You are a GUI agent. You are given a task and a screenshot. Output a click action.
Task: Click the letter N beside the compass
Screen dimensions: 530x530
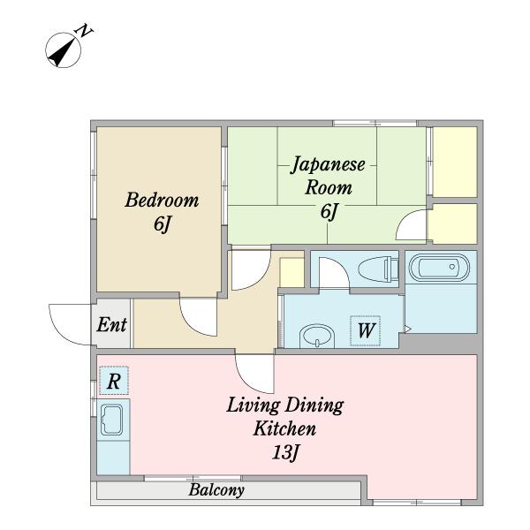pos(85,30)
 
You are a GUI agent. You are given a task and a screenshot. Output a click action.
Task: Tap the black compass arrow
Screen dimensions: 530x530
pos(63,52)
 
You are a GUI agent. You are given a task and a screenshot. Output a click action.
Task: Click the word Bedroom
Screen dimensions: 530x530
pos(162,200)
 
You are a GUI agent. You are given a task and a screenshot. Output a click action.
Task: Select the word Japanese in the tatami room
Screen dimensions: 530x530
pos(328,165)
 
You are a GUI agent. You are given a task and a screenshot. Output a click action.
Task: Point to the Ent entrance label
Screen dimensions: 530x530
pos(111,325)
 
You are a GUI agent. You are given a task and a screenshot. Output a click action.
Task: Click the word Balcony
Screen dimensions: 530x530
pos(216,489)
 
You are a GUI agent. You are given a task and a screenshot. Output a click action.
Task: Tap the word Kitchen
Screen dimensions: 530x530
pos(285,428)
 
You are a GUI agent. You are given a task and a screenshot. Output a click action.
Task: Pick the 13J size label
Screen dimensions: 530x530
pos(285,452)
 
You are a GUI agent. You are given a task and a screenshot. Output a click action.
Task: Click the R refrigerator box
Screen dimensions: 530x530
pos(114,381)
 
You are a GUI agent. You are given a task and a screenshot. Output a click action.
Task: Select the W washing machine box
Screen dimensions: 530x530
pos(366,331)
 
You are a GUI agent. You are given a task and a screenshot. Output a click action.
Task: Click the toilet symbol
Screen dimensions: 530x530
pos(378,269)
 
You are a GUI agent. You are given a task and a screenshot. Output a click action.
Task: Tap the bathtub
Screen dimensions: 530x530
pos(439,267)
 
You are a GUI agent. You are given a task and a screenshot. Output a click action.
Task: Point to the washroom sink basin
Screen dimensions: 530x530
pos(317,337)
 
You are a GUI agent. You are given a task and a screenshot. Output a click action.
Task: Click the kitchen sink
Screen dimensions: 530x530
pos(112,420)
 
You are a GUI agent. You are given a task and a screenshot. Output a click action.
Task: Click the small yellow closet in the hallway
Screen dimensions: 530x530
pos(291,272)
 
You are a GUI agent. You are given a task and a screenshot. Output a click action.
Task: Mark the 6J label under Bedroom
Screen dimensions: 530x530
pos(162,224)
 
